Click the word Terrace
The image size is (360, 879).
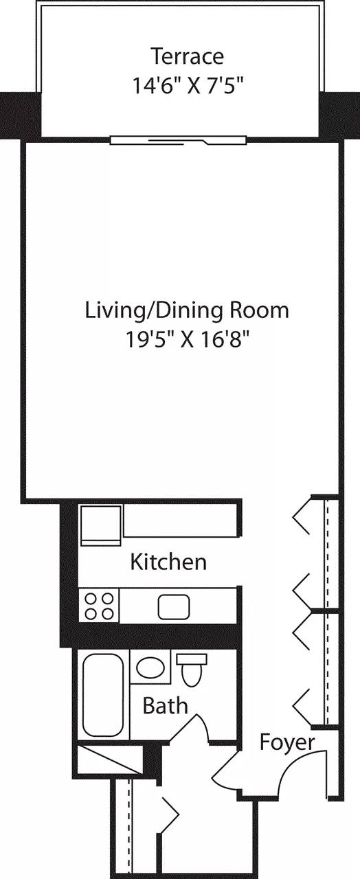point(187,55)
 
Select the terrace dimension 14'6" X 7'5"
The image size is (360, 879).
point(187,85)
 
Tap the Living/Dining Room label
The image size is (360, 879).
point(187,310)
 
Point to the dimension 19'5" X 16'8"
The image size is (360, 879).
point(187,339)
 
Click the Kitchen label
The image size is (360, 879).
point(168,562)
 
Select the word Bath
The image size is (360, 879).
point(165,705)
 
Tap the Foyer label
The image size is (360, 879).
point(287,742)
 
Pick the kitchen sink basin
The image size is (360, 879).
point(173,606)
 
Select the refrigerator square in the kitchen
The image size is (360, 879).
point(100,525)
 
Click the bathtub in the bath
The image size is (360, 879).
point(102,695)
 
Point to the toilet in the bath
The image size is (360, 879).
point(192,670)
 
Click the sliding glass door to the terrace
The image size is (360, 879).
point(178,139)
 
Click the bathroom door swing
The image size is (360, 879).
point(196,728)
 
